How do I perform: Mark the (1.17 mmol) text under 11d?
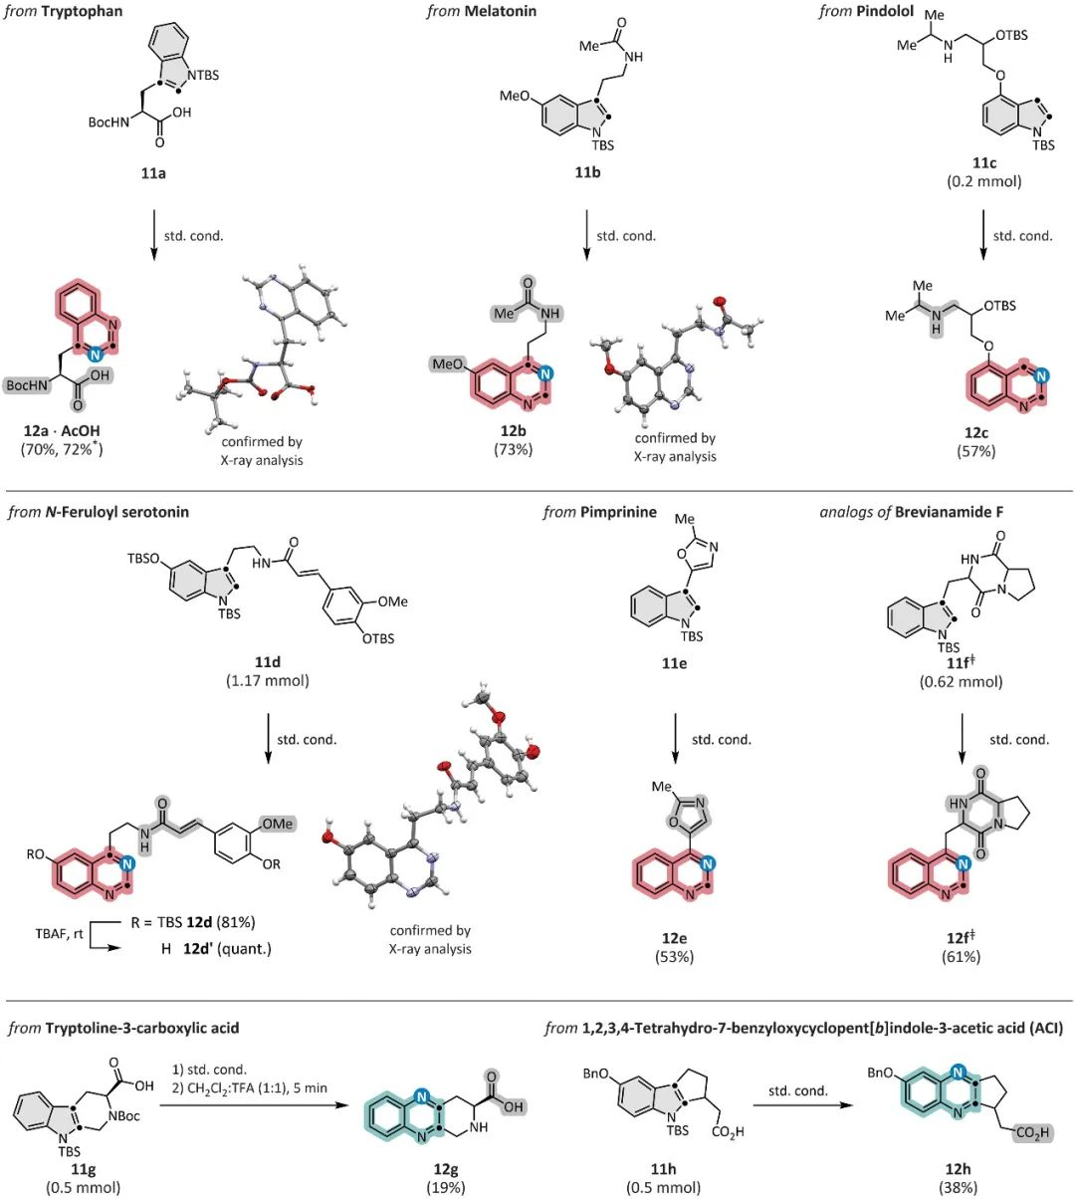tap(267, 681)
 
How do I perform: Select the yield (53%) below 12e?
tap(674, 957)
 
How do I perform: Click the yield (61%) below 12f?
tap(961, 957)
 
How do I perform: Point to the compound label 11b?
tap(586, 172)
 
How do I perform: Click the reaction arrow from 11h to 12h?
tap(796, 1107)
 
